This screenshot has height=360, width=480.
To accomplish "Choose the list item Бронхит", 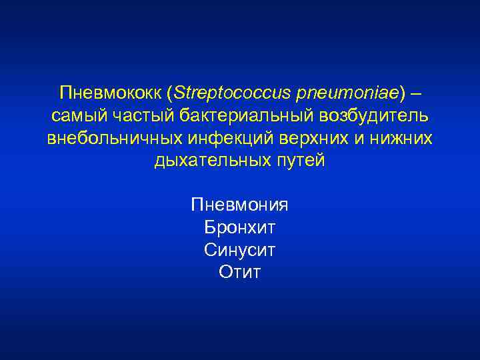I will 239,228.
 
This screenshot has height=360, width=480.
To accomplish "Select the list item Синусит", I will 239,251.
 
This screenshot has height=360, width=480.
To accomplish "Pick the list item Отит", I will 239,273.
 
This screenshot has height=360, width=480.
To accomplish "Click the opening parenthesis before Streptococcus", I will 169,91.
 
